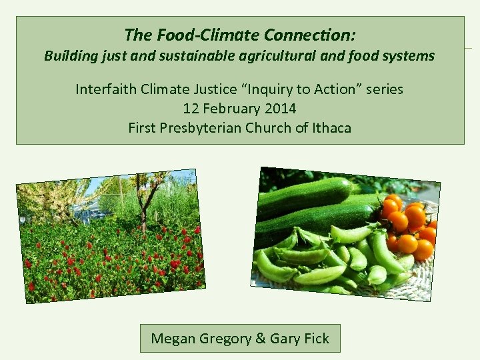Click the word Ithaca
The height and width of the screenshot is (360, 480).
click(x=331, y=127)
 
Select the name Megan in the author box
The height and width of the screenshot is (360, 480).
click(x=173, y=339)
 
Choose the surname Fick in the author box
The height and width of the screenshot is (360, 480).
click(x=316, y=339)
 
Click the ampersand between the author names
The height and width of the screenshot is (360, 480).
click(x=260, y=339)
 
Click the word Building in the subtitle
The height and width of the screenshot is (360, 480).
click(x=68, y=56)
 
